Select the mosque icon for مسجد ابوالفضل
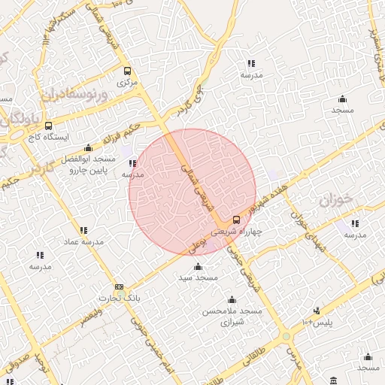[89, 147]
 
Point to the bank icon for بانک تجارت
[120, 287]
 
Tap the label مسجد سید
[198, 277]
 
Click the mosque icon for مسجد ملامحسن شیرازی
[230, 299]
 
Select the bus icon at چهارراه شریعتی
[236, 220]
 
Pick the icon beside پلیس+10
[317, 310]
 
